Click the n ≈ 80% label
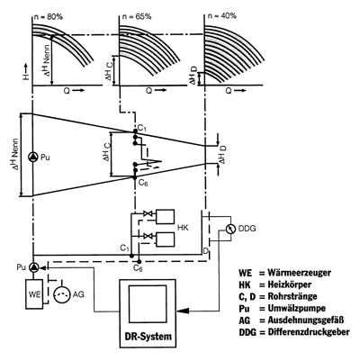[x=49, y=17]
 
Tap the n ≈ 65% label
[x=137, y=16]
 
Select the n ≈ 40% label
[x=221, y=15]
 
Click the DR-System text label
[x=148, y=336]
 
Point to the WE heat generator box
[x=34, y=293]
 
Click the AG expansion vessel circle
[x=62, y=294]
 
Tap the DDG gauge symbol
[x=230, y=229]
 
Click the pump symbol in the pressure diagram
[x=33, y=157]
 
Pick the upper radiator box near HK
[x=165, y=216]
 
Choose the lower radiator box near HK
[x=165, y=239]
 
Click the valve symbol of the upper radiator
[x=148, y=213]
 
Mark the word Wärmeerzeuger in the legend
[x=300, y=273]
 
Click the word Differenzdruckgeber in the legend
[x=309, y=332]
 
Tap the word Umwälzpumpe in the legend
[x=297, y=308]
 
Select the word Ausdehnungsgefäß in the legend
[x=306, y=320]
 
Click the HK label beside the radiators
[x=183, y=228]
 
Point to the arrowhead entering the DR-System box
[x=183, y=311]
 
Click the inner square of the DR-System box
[x=148, y=304]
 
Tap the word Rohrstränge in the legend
[x=292, y=296]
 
